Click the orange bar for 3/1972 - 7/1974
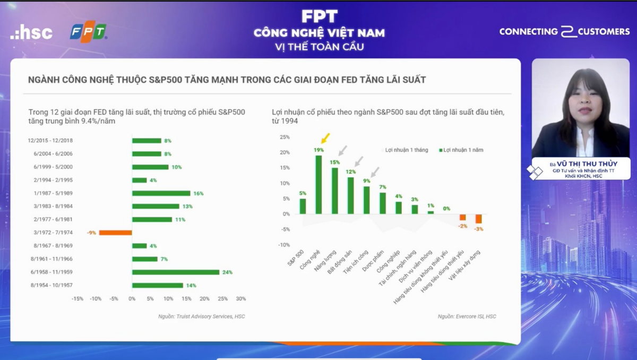pyautogui.click(x=115, y=233)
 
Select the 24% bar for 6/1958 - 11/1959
pyautogui.click(x=176, y=272)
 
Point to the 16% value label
pyautogui.click(x=199, y=193)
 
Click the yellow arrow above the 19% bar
pyautogui.click(x=325, y=139)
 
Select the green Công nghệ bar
pyautogui.click(x=318, y=184)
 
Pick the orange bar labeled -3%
pyautogui.click(x=478, y=219)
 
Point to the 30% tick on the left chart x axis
pyautogui.click(x=240, y=299)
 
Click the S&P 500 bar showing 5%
pyautogui.click(x=303, y=206)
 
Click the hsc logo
pyautogui.click(x=31, y=32)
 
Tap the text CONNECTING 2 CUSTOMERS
pyautogui.click(x=564, y=32)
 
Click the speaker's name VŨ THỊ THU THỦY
pyautogui.click(x=586, y=164)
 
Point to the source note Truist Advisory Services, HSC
pyautogui.click(x=201, y=316)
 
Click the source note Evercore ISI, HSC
pyautogui.click(x=467, y=316)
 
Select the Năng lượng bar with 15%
pyautogui.click(x=335, y=191)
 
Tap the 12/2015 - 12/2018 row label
pyautogui.click(x=51, y=141)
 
